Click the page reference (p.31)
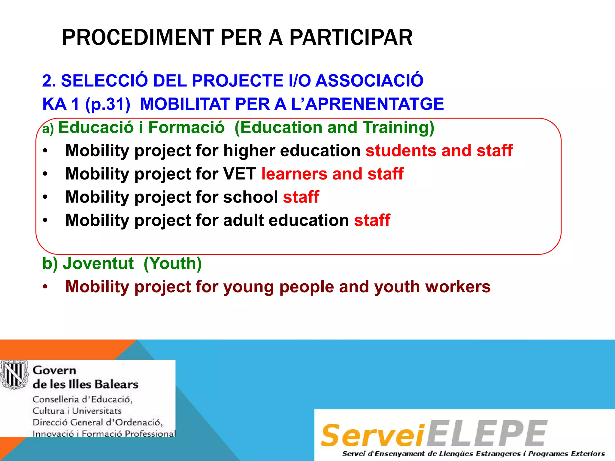click(108, 104)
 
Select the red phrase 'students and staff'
click(439, 150)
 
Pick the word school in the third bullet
click(250, 197)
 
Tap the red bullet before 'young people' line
click(45, 287)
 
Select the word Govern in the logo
click(54, 370)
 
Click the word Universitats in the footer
click(97, 411)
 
